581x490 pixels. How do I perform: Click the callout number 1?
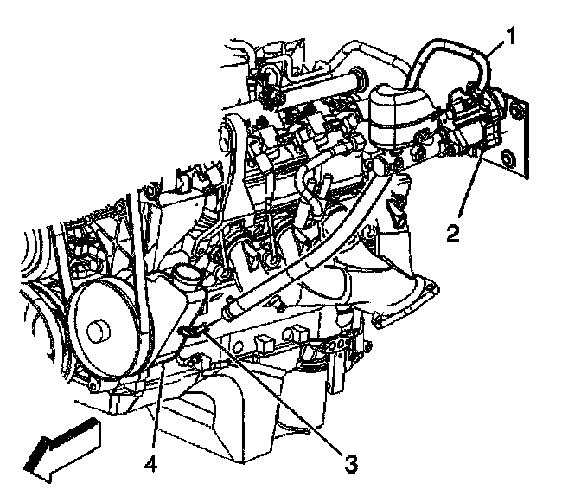[x=511, y=37]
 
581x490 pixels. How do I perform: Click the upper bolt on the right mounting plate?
[x=516, y=110]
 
